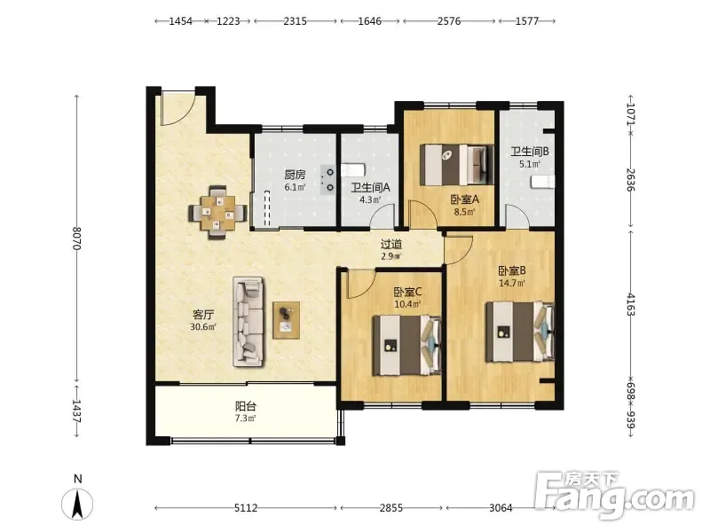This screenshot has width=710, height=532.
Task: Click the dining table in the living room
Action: click(217, 212)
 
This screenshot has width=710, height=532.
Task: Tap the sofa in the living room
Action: click(248, 322)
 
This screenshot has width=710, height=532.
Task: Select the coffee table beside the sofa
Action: click(286, 320)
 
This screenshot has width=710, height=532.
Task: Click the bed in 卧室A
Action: click(457, 165)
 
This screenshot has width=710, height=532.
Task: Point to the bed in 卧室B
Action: click(520, 332)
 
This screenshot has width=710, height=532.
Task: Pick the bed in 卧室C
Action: click(406, 346)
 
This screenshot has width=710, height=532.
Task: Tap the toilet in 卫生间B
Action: click(543, 182)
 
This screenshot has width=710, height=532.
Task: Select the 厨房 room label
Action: click(295, 174)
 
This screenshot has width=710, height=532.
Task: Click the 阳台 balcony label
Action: click(246, 406)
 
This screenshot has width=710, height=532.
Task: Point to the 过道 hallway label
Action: click(390, 245)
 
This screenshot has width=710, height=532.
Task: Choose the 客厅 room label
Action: click(203, 315)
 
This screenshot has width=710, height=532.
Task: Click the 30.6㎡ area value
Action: click(203, 326)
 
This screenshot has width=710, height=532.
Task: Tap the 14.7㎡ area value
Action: click(512, 283)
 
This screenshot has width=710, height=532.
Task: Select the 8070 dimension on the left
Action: click(76, 239)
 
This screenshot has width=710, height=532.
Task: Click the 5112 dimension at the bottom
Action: click(246, 508)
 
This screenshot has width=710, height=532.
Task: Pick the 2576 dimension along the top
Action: click(449, 21)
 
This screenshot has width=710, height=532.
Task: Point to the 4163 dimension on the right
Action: click(631, 305)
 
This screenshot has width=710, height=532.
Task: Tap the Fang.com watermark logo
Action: click(614, 496)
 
